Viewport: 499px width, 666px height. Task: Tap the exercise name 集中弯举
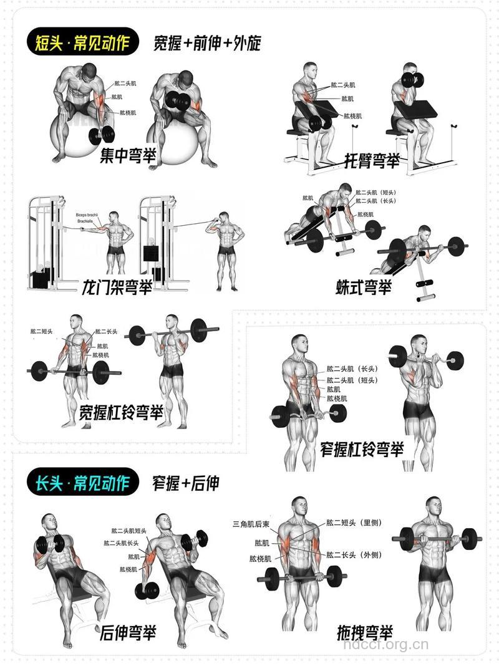(x=128, y=155)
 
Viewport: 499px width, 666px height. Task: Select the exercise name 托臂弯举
(x=372, y=162)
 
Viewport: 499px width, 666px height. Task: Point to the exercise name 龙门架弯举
(x=117, y=287)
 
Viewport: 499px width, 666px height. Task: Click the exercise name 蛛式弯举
(x=364, y=287)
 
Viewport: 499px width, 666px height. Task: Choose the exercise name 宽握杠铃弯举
(x=122, y=412)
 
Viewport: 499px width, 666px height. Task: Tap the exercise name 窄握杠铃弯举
(x=362, y=448)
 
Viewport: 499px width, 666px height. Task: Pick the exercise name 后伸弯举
(x=128, y=633)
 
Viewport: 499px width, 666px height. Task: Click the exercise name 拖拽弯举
(x=366, y=632)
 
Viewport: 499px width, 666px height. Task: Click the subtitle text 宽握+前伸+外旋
(x=207, y=43)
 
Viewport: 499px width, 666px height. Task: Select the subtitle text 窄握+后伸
(x=186, y=483)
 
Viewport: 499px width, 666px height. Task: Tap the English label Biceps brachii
(x=88, y=214)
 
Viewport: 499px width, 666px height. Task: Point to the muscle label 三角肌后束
(x=251, y=523)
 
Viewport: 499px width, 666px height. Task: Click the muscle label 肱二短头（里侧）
(x=354, y=523)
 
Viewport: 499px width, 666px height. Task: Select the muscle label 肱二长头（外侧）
(x=354, y=555)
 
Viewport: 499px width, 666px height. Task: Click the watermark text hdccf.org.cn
(x=387, y=644)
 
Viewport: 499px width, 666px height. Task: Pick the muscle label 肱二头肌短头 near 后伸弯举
(x=129, y=531)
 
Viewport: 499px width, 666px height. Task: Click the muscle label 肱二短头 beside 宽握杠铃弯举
(x=42, y=331)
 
